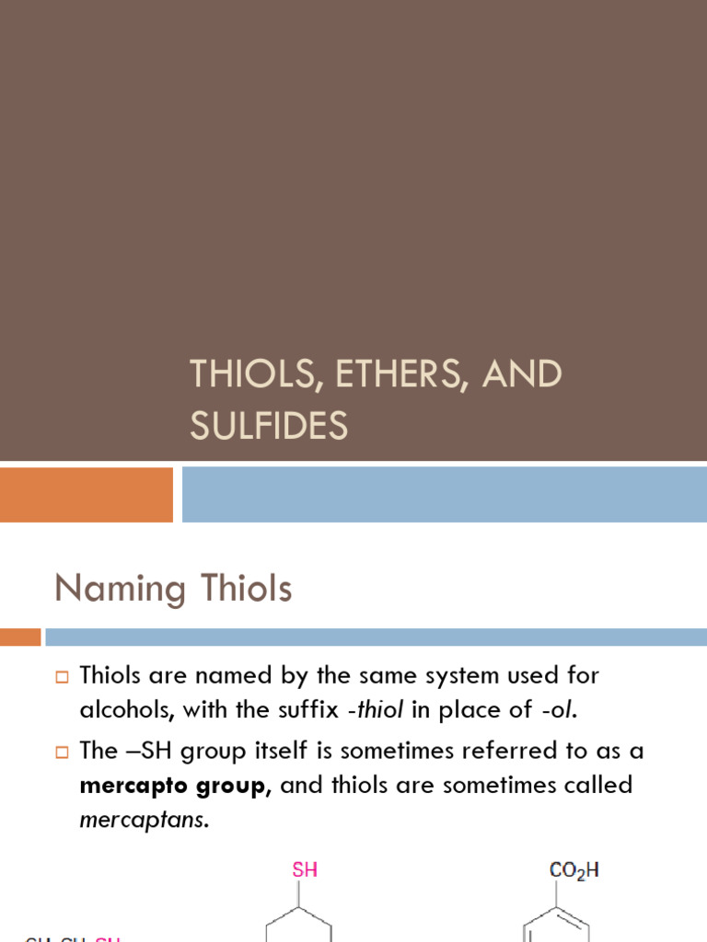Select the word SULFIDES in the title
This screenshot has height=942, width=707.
click(269, 426)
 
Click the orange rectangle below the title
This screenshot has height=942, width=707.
click(86, 494)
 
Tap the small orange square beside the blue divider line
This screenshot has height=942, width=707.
click(20, 637)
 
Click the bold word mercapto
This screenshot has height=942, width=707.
click(136, 786)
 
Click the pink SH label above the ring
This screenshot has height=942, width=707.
click(305, 869)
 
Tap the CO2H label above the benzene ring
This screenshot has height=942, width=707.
click(574, 869)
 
